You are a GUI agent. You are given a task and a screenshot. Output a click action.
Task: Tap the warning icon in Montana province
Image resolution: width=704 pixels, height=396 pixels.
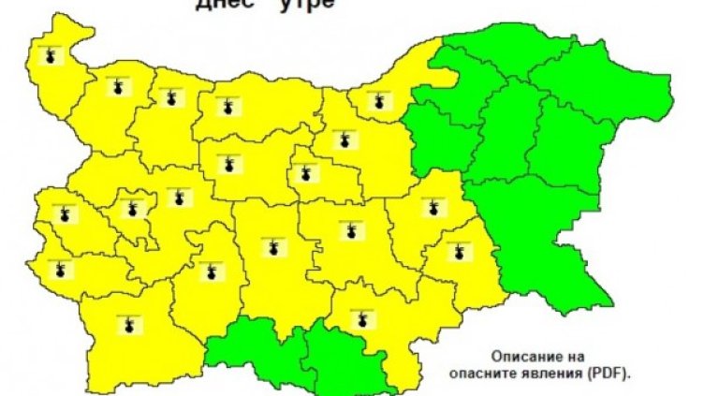point(117,88)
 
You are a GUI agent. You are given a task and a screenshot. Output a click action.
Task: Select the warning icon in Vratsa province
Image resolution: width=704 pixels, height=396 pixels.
point(170,97)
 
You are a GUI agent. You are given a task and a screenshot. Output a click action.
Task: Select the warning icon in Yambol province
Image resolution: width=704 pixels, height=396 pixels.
point(458,251)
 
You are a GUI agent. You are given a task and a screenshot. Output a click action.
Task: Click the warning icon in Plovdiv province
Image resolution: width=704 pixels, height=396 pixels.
point(272,248)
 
